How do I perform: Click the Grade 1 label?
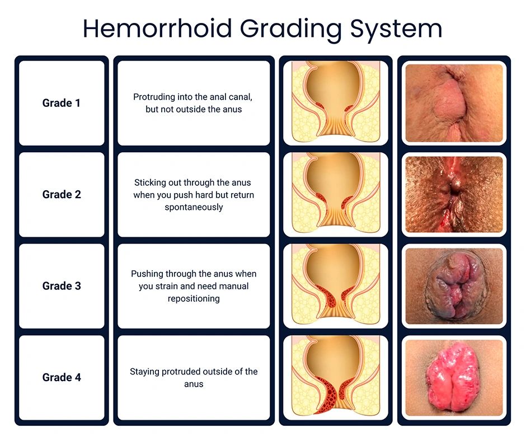[x=62, y=103]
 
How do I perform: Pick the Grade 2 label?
[x=62, y=195]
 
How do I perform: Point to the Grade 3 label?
[x=62, y=286]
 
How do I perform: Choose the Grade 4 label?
[x=62, y=377]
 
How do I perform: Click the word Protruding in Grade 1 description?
[x=154, y=97]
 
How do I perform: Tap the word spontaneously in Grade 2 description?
[x=194, y=207]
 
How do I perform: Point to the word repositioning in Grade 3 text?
[x=194, y=298]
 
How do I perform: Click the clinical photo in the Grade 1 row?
[x=454, y=103]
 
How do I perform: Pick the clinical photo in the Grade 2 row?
[x=454, y=195]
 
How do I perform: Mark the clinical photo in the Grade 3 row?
[x=454, y=286]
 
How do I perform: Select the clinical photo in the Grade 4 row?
[x=454, y=377]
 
